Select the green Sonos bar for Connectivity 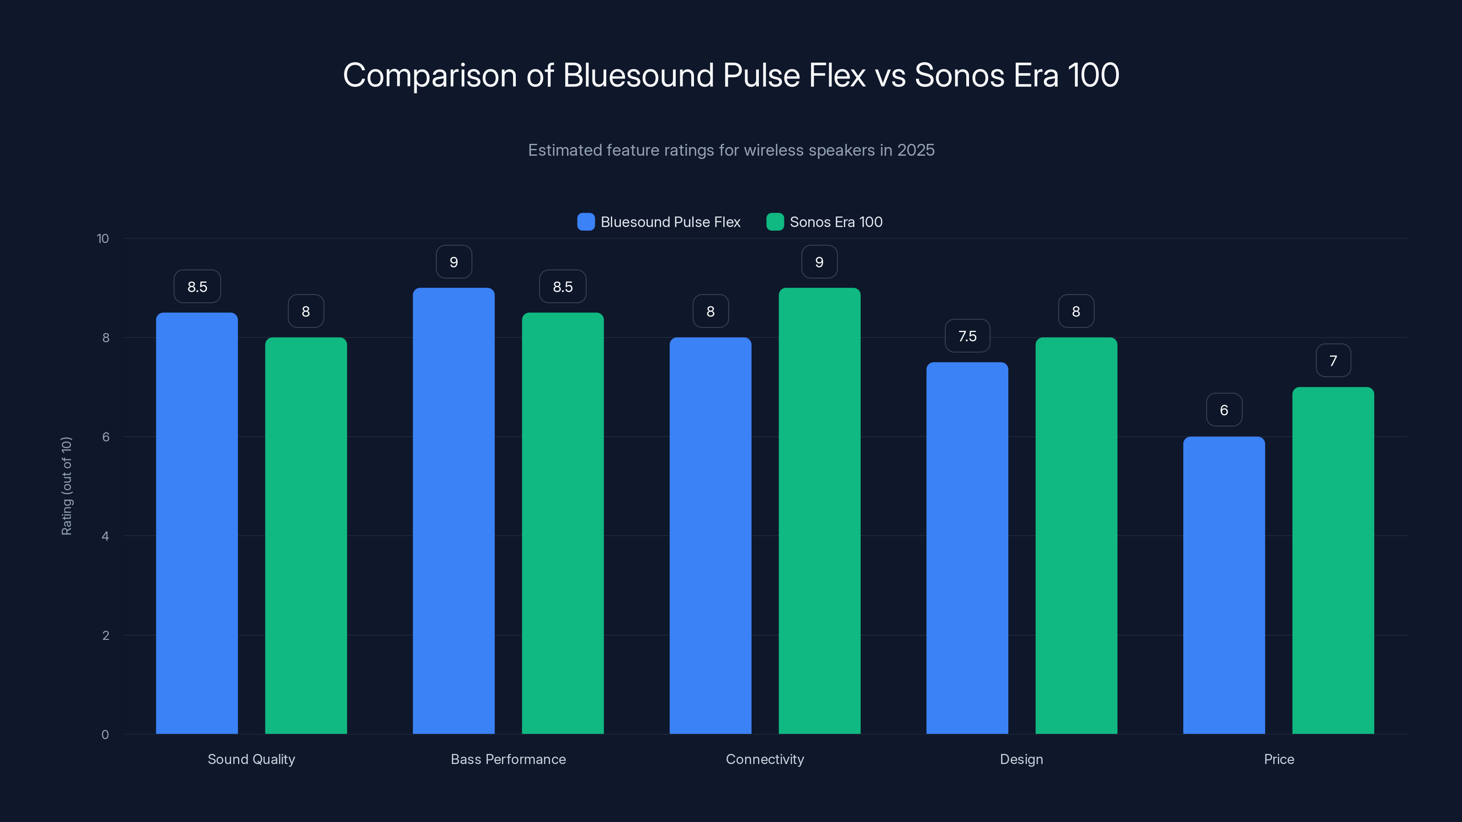click(819, 511)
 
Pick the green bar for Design click(1076, 536)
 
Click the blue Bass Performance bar click(454, 511)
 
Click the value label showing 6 click(1224, 410)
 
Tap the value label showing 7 click(1333, 361)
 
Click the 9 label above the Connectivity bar click(819, 262)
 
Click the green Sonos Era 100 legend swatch click(775, 222)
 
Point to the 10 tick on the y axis click(103, 238)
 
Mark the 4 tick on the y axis click(105, 536)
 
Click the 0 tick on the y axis click(105, 735)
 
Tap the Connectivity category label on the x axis click(764, 759)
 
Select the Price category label click(1279, 759)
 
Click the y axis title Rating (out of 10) click(66, 485)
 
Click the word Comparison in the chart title click(429, 75)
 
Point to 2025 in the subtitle click(916, 150)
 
